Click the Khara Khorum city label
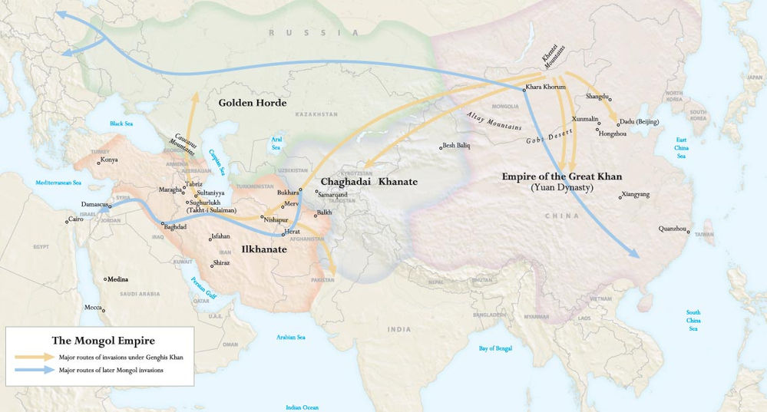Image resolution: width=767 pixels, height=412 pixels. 546,87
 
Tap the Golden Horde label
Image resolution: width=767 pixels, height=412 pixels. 252,103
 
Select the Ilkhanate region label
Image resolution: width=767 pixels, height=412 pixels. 264,249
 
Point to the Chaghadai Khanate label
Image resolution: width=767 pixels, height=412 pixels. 369,182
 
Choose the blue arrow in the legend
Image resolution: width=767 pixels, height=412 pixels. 34,371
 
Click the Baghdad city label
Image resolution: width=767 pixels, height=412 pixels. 175,226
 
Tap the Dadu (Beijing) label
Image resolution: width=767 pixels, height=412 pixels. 639,121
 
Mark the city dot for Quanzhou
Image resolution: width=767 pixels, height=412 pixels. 689,230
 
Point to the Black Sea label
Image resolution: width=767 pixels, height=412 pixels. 121,124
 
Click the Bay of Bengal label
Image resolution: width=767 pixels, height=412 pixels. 495,348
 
